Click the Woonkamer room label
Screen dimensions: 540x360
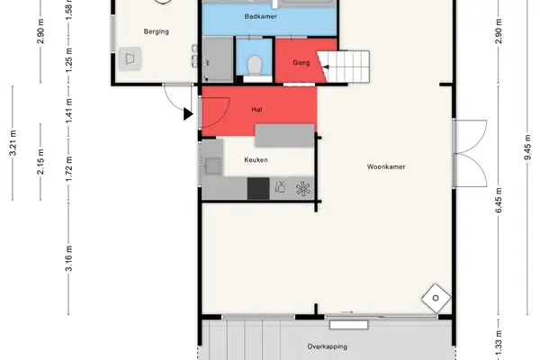pyautogui.click(x=386, y=166)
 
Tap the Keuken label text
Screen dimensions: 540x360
pyautogui.click(x=256, y=160)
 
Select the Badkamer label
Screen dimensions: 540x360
pyautogui.click(x=261, y=16)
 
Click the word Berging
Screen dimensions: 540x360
pyautogui.click(x=157, y=31)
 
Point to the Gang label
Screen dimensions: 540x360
pyautogui.click(x=301, y=63)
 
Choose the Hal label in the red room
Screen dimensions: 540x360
pyautogui.click(x=256, y=110)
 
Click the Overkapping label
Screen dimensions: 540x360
pyautogui.click(x=328, y=346)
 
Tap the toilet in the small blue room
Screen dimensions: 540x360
pyautogui.click(x=255, y=66)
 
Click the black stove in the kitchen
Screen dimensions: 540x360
pyautogui.click(x=258, y=188)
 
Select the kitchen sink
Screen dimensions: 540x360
pyautogui.click(x=212, y=166)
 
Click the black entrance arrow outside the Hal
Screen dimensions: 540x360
pyautogui.click(x=188, y=114)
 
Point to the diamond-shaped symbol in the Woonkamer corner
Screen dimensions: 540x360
pyautogui.click(x=436, y=298)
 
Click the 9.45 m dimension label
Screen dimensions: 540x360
pyautogui.click(x=527, y=147)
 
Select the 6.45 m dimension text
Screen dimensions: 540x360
pyautogui.click(x=499, y=200)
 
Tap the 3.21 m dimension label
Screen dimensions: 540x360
pyautogui.click(x=13, y=143)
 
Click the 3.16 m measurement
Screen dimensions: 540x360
pyautogui.click(x=69, y=258)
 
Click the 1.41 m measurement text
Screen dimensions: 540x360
pyautogui.click(x=69, y=111)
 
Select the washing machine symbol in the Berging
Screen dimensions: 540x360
pyautogui.click(x=130, y=58)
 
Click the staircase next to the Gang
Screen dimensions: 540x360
pyautogui.click(x=344, y=67)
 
